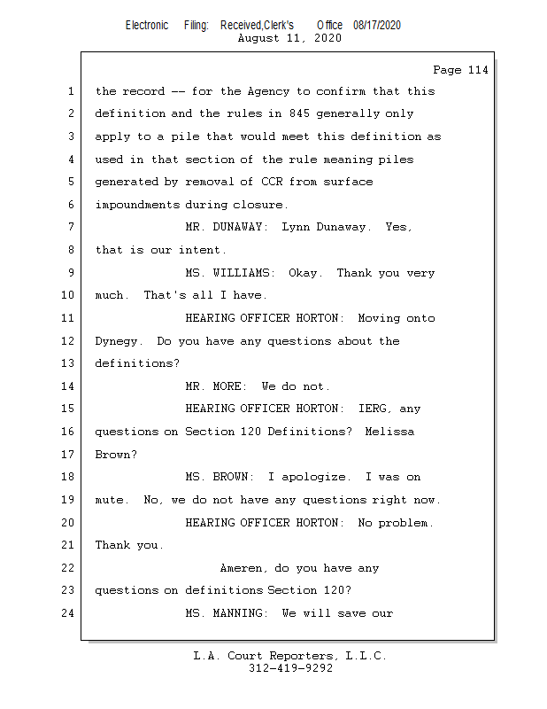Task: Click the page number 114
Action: coord(478,70)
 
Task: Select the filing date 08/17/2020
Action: coord(377,26)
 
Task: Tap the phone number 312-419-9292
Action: coord(290,668)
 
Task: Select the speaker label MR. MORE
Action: coord(216,386)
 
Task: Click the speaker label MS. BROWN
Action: coord(220,477)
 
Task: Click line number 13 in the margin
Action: coord(68,363)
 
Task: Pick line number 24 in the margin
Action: coord(68,613)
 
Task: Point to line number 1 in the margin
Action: coord(71,91)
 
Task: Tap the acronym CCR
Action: coord(272,182)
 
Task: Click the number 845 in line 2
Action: coord(299,113)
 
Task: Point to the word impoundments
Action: coord(137,205)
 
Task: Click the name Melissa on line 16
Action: coord(389,432)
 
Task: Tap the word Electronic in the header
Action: coord(147,26)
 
